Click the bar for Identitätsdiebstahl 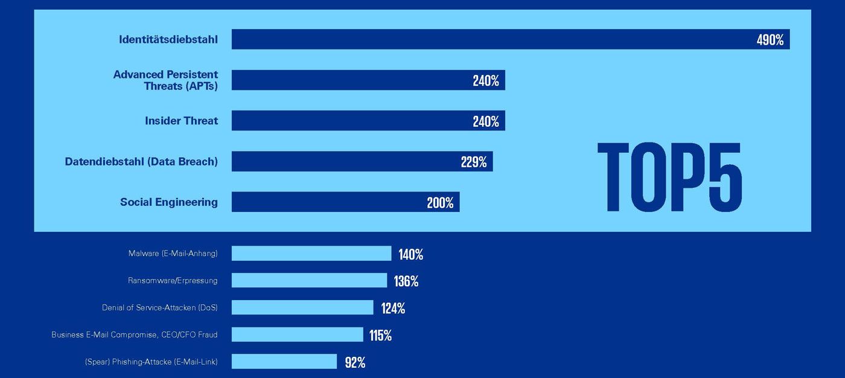[483, 39]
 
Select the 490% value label [770, 40]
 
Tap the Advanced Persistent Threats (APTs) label [165, 80]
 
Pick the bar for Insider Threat [350, 121]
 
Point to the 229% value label [473, 162]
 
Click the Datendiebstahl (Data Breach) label [141, 162]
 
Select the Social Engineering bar [326, 202]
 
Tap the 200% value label [440, 203]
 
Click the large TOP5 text [669, 178]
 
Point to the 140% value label [410, 254]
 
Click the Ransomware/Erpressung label [173, 281]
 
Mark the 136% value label [406, 281]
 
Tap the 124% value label [393, 309]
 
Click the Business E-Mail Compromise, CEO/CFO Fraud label [134, 335]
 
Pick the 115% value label [380, 336]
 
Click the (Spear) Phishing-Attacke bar [284, 362]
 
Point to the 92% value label [355, 362]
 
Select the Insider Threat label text [181, 121]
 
